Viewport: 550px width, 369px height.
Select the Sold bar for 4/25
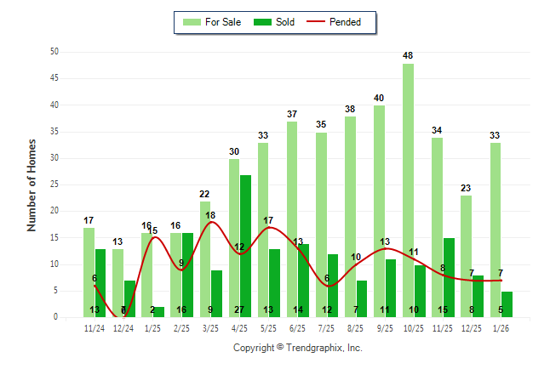coord(245,246)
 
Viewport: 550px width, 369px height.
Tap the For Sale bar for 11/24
coord(89,272)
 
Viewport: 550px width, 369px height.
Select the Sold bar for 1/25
coord(158,311)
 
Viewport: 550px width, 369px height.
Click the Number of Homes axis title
coord(32,184)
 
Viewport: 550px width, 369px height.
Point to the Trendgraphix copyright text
coord(297,348)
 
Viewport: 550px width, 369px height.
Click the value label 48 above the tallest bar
coord(408,56)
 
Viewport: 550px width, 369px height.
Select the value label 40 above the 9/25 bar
coord(379,98)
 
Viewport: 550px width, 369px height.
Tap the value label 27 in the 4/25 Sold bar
coord(239,310)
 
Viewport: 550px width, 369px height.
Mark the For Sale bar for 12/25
coord(466,256)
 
